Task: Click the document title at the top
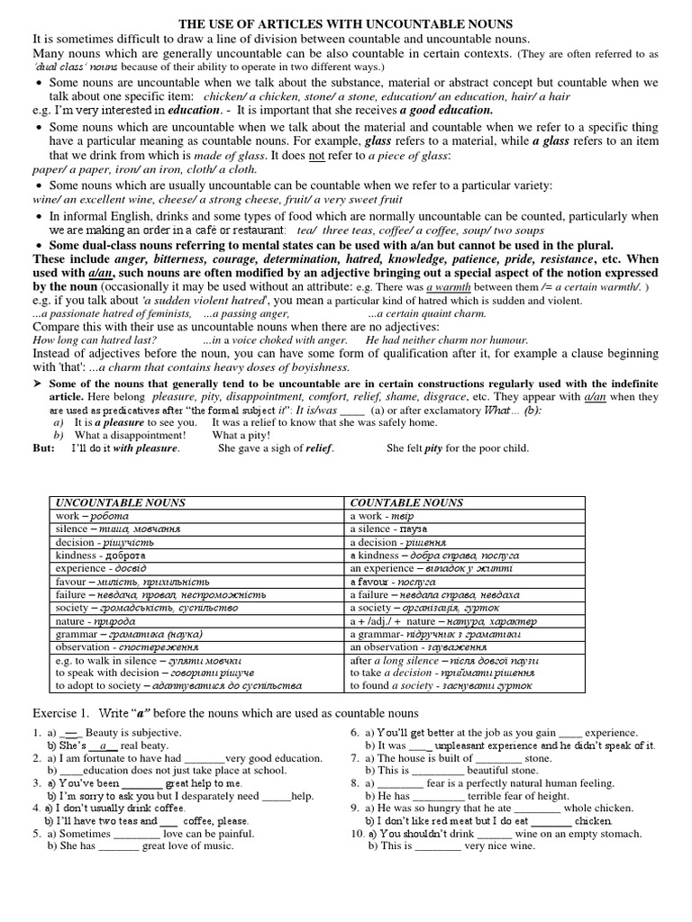tap(347, 24)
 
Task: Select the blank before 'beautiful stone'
tap(439, 771)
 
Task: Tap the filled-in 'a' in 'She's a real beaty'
tap(105, 746)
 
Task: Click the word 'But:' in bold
tap(44, 447)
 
